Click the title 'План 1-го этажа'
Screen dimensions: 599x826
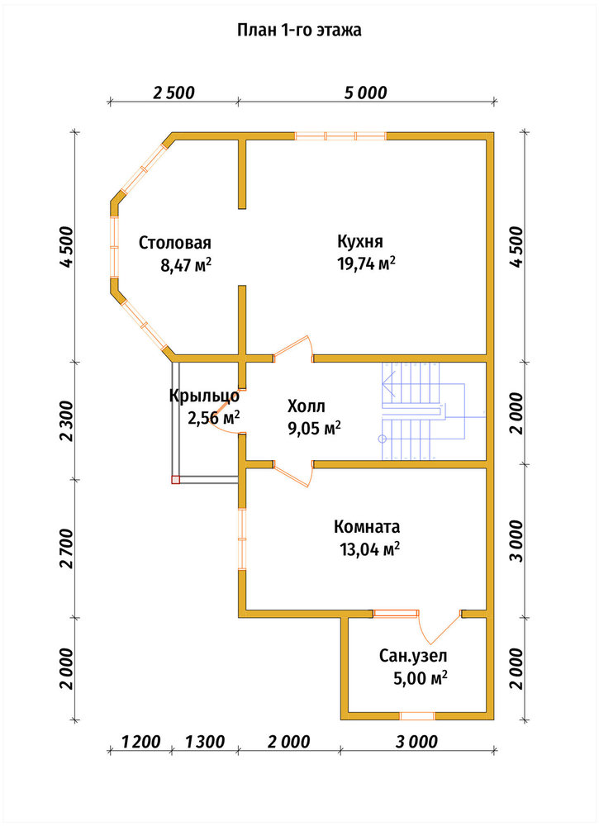tap(299, 30)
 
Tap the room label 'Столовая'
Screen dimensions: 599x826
tap(175, 243)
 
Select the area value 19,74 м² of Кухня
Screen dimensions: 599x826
tap(366, 263)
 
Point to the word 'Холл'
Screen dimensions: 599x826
tap(306, 406)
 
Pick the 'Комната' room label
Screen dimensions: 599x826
tap(367, 527)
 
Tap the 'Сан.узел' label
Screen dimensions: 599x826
tap(413, 656)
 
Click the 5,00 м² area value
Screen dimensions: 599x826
tap(421, 678)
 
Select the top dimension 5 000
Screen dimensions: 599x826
tap(366, 93)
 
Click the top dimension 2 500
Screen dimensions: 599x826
tap(174, 93)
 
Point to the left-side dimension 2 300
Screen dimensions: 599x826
tap(66, 421)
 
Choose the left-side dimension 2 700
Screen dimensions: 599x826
tap(66, 548)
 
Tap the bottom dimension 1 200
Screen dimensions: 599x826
tap(140, 743)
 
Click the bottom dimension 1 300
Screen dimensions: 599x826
tap(205, 743)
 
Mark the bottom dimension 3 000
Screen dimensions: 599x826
tap(416, 743)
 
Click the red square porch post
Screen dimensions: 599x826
tap(175, 479)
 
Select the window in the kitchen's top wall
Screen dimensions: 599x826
tap(340, 136)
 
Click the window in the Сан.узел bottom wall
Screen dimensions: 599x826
tap(416, 715)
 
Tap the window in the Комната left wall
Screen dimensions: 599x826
tap(242, 539)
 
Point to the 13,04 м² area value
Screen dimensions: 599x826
tap(370, 550)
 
